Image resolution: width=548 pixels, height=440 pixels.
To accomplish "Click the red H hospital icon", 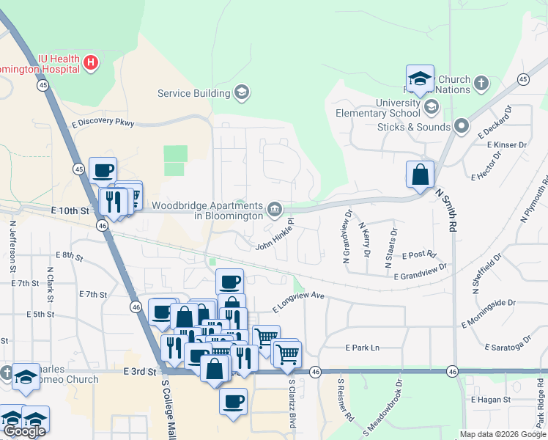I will click(x=91, y=63).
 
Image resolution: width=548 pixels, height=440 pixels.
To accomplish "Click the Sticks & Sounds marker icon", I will click(x=462, y=127).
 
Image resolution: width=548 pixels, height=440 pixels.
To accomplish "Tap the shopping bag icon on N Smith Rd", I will click(x=421, y=176).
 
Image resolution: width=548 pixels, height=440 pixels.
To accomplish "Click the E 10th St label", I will click(x=70, y=211).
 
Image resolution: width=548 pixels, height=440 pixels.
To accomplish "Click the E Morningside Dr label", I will click(x=489, y=313).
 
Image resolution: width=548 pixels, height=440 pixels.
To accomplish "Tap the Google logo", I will click(x=24, y=430).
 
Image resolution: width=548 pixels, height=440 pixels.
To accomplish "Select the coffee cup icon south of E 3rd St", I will click(x=233, y=403).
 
